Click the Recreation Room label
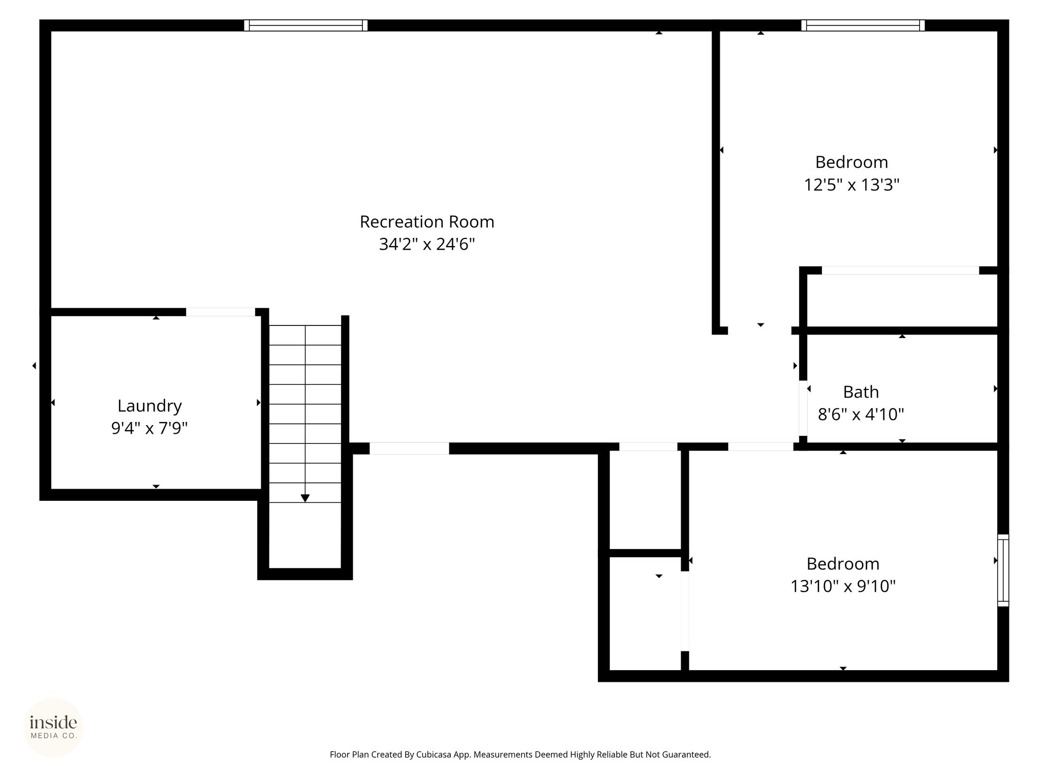coord(427,222)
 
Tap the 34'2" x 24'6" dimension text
coord(427,245)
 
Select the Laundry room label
coord(149,406)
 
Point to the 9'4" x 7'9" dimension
coord(149,429)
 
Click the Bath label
coord(861,392)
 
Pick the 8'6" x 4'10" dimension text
coord(861,414)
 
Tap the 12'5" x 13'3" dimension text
coord(851,185)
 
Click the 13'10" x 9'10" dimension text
coord(843,586)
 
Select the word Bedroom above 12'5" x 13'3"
coord(851,162)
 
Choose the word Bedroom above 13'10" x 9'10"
coord(843,564)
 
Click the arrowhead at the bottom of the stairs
coord(305,498)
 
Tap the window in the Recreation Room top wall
coord(305,25)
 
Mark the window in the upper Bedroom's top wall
coord(863,25)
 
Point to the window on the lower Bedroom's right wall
coord(1003,570)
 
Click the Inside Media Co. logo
coord(53,727)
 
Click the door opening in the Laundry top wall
coord(220,312)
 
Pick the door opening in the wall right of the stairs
coord(409,448)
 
